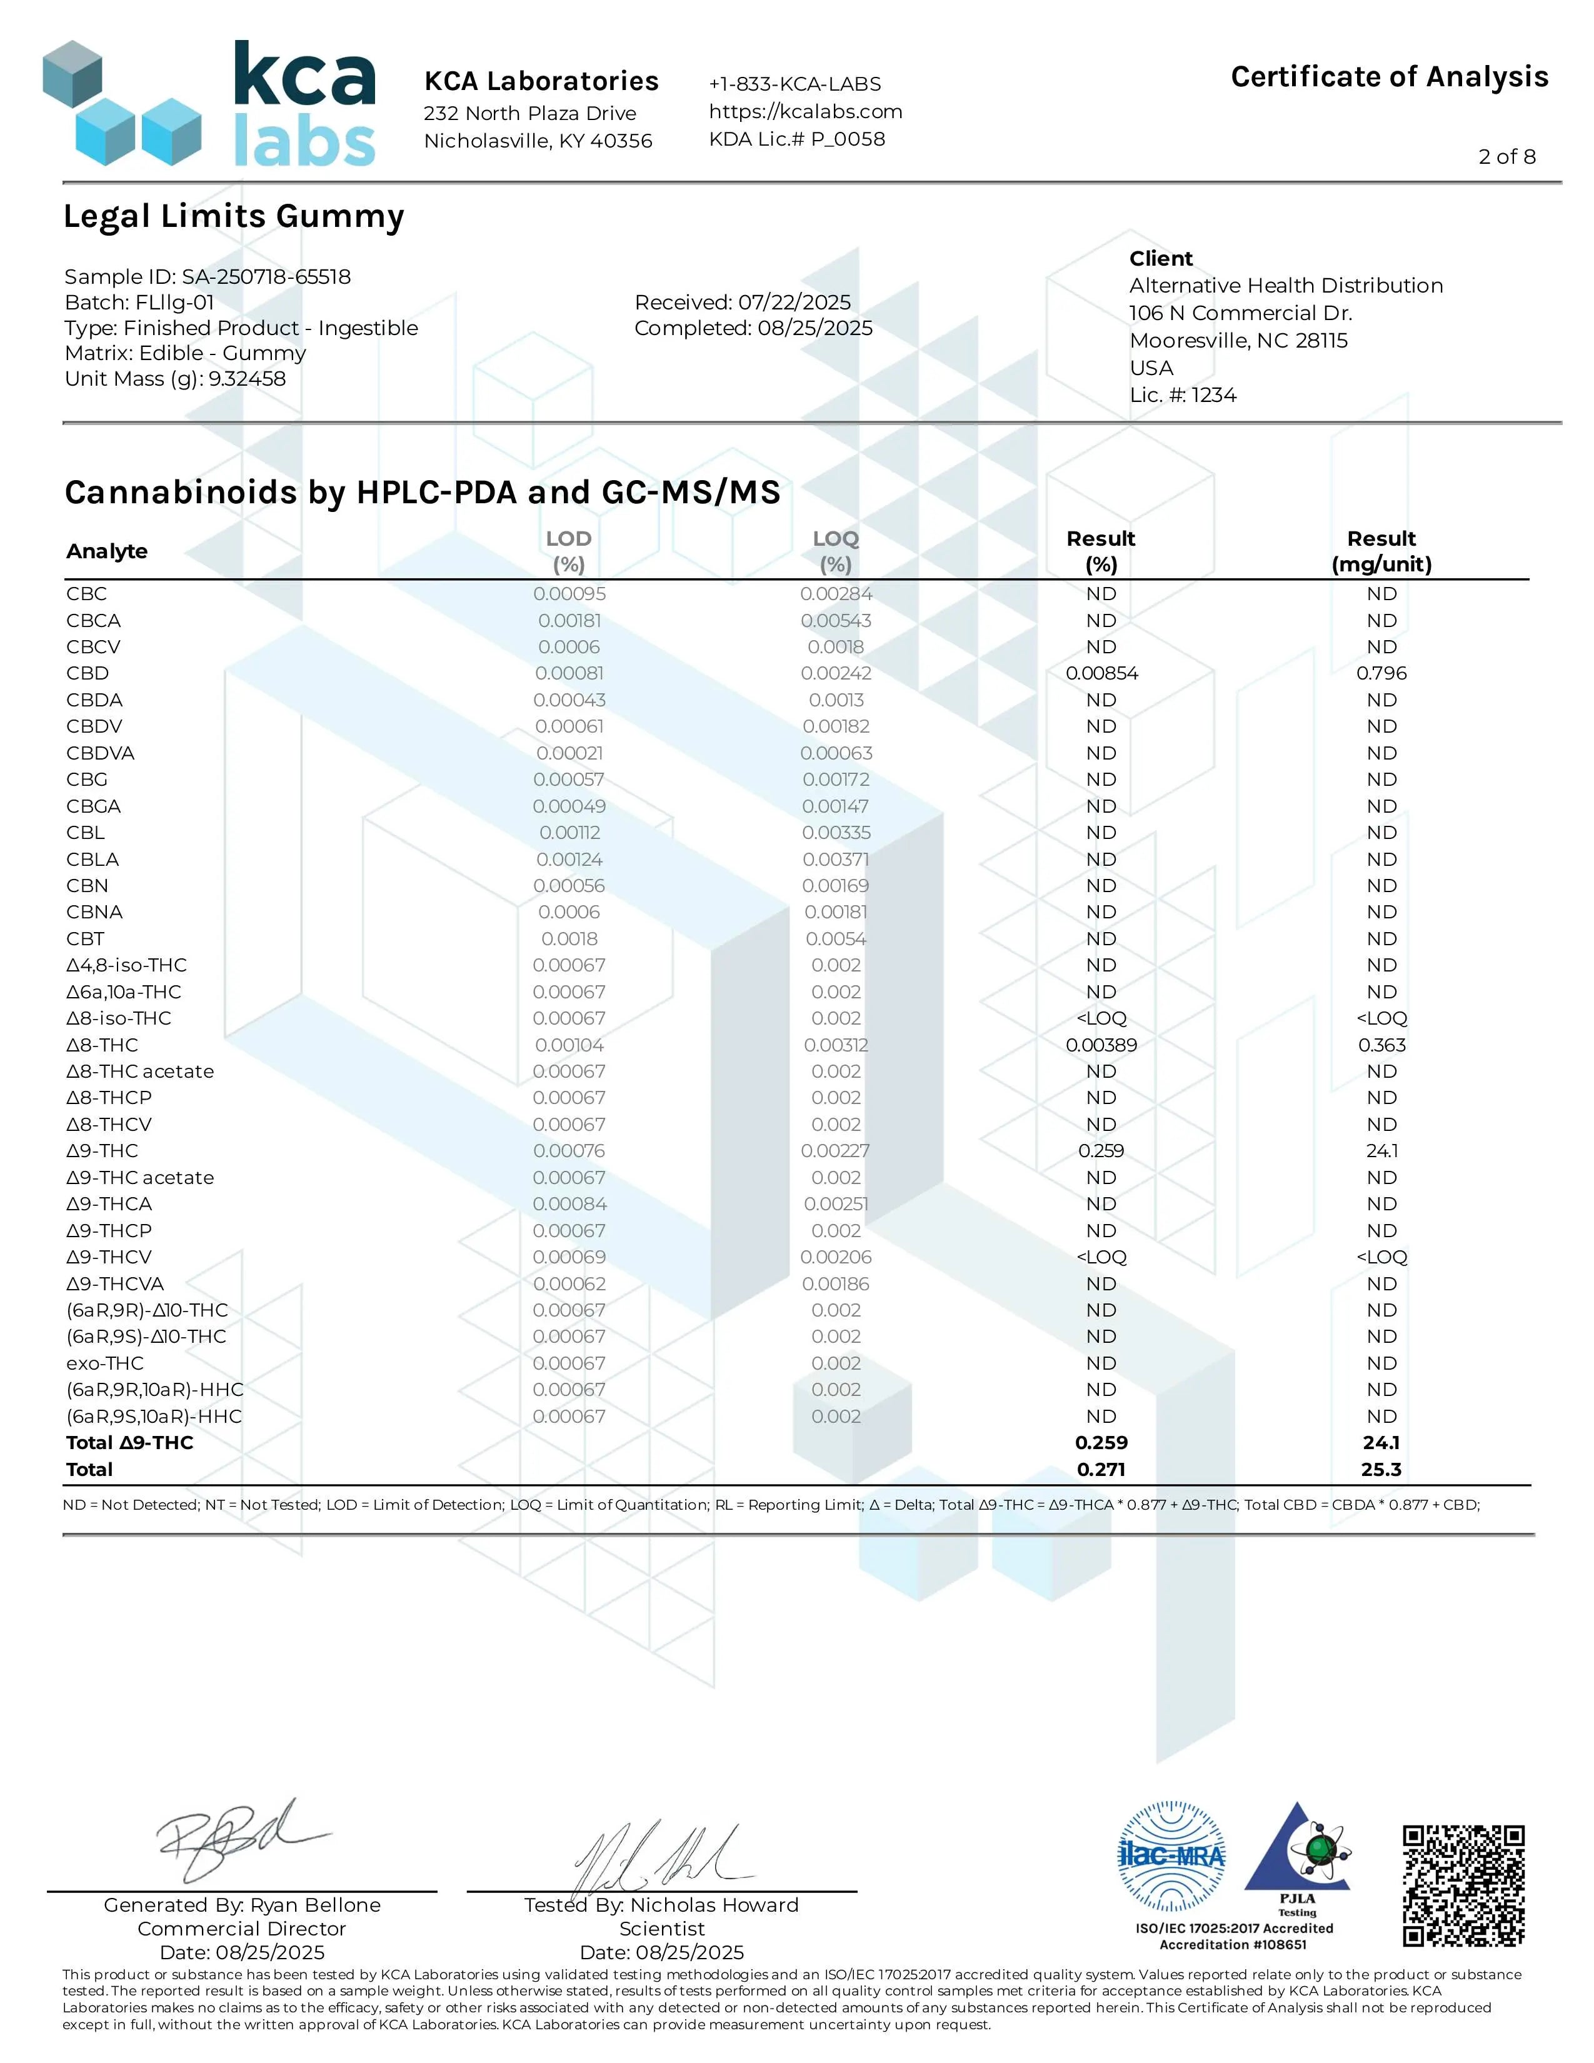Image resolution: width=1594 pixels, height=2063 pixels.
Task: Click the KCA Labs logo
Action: coord(209,104)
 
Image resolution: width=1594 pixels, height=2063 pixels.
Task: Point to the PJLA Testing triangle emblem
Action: coord(1298,1852)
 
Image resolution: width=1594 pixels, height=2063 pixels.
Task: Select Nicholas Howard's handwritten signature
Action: coord(661,1855)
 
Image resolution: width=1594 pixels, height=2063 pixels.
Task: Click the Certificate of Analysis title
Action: coord(1389,76)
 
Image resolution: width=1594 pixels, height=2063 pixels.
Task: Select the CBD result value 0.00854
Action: coord(1101,673)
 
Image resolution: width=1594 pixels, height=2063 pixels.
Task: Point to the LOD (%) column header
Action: coord(568,551)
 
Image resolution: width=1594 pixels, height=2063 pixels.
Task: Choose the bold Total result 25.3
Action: coord(1381,1469)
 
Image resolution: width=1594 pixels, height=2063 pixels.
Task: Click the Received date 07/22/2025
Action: coord(794,303)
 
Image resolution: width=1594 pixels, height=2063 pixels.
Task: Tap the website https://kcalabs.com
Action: coord(806,111)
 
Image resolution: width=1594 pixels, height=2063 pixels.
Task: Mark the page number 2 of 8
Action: coord(1506,157)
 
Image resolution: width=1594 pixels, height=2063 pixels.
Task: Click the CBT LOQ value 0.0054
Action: coord(836,939)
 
